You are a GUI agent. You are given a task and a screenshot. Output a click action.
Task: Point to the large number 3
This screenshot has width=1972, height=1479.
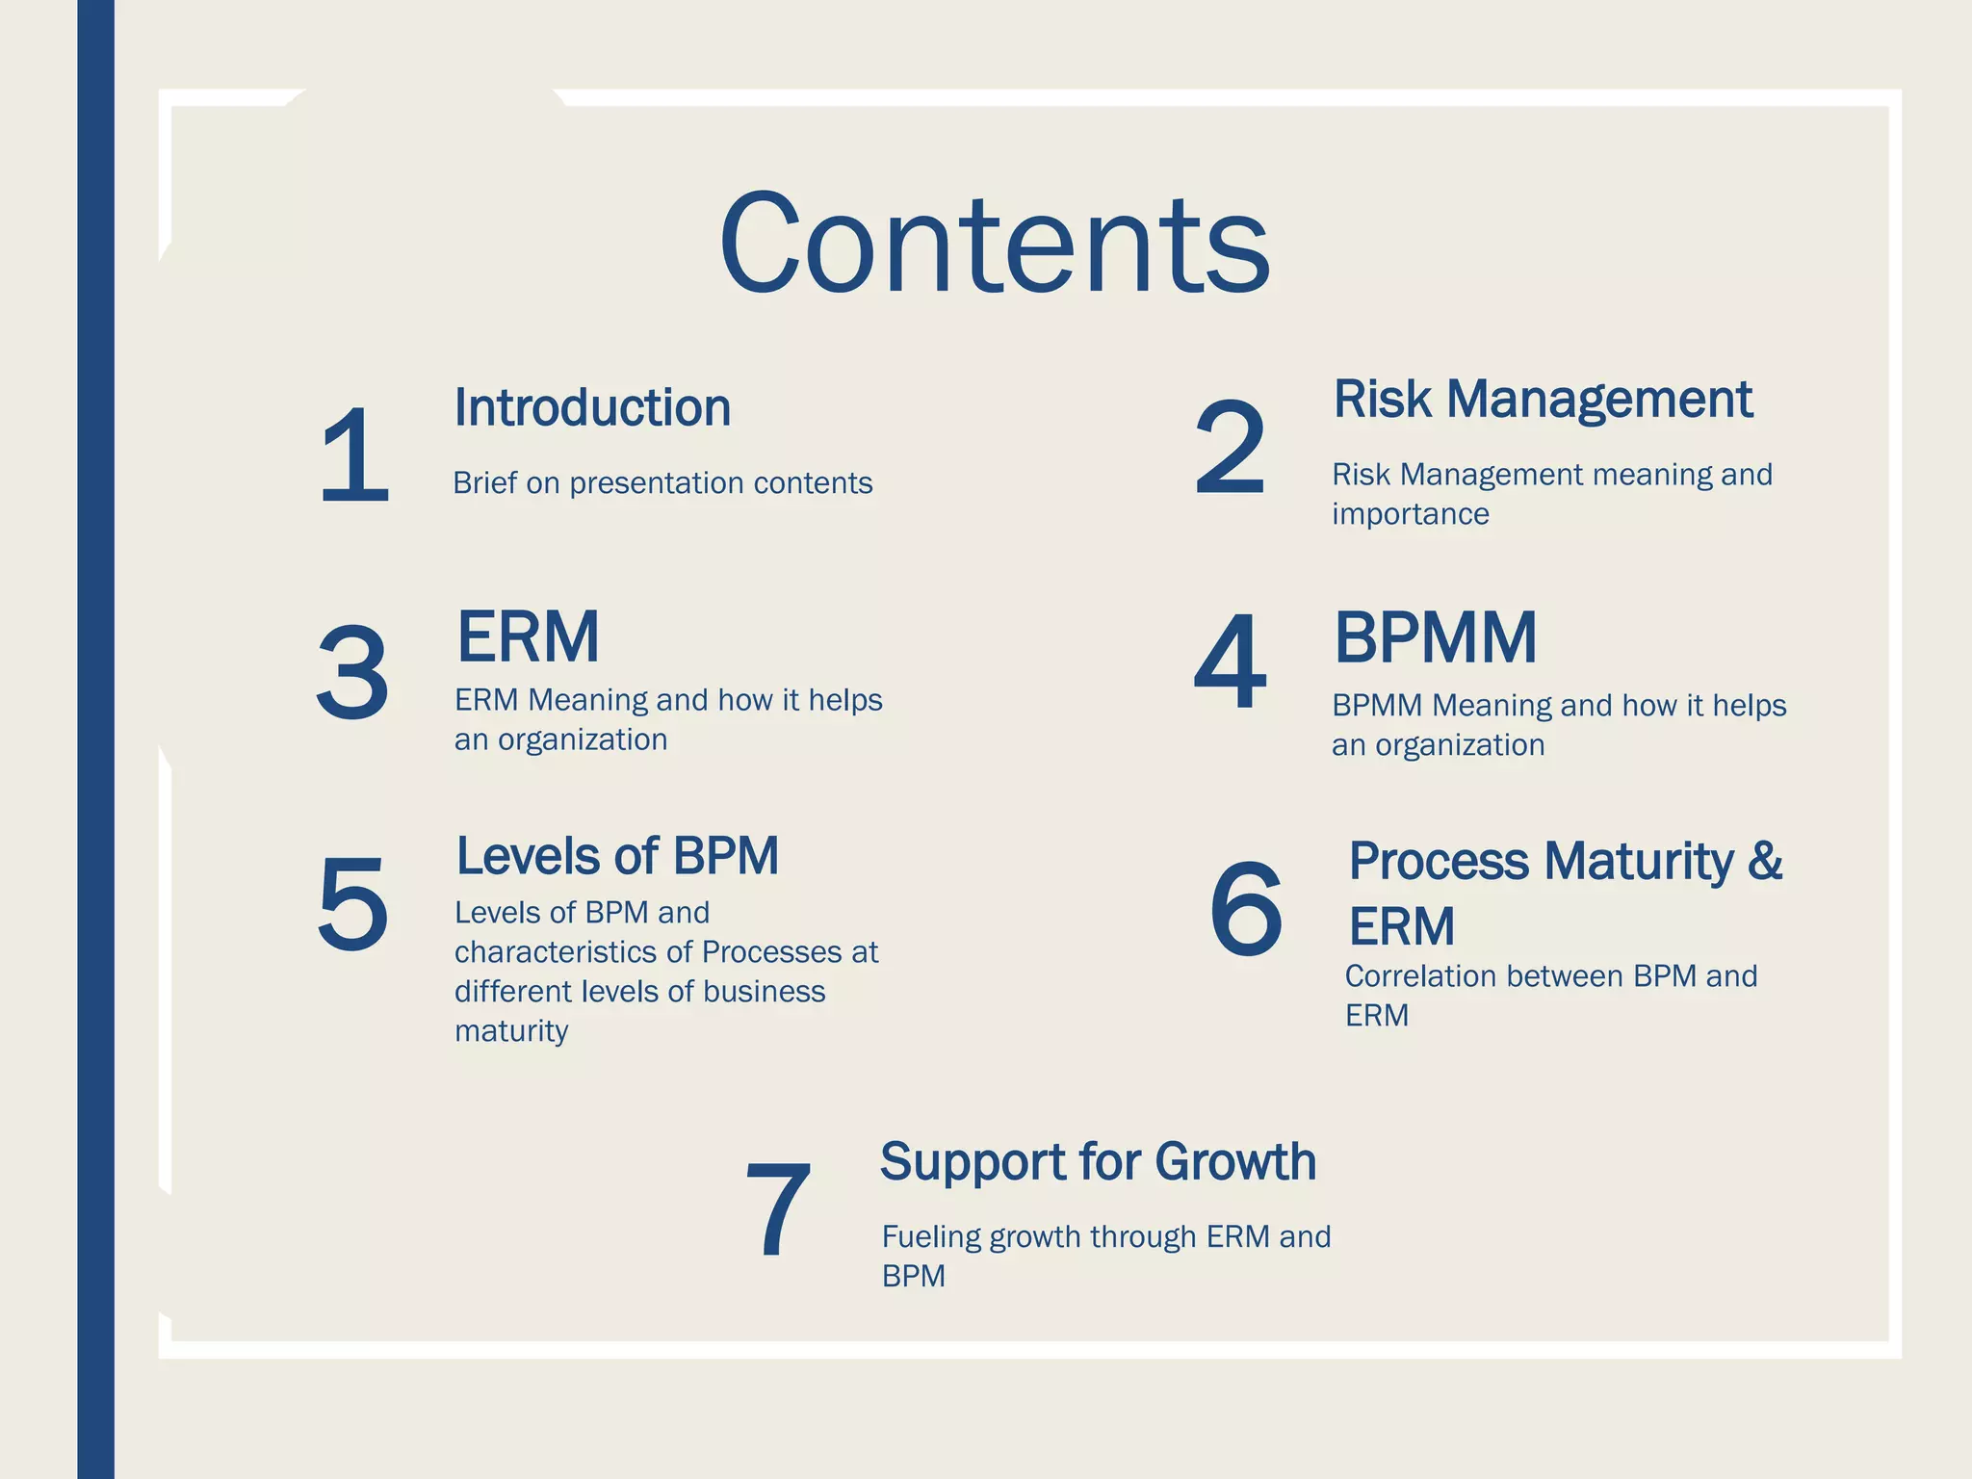coord(352,672)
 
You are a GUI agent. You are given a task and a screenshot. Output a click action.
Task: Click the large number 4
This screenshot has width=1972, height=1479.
coord(1230,662)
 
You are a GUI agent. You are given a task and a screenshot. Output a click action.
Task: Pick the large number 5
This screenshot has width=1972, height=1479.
coord(352,904)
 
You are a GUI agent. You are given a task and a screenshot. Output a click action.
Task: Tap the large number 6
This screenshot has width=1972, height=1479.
coord(1246,909)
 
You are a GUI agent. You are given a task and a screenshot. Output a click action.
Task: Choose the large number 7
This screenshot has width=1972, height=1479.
coord(778,1209)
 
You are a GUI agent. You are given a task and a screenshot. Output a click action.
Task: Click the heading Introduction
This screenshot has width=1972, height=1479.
coord(592,407)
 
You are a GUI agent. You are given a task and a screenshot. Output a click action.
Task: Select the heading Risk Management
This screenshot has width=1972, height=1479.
coord(1543,399)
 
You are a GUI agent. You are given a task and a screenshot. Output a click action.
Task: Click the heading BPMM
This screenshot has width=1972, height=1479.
coord(1435,637)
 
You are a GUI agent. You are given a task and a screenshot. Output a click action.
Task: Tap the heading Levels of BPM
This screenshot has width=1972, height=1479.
coord(617,855)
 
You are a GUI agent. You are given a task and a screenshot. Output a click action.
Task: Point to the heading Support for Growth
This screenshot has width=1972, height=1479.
coord(1098,1161)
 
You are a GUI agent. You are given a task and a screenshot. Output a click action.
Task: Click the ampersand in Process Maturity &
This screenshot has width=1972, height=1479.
coord(1765,860)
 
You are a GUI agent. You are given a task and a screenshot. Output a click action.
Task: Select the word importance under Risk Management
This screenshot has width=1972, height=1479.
coord(1410,514)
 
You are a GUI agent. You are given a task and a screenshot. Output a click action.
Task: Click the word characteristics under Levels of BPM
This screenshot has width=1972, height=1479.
coord(559,952)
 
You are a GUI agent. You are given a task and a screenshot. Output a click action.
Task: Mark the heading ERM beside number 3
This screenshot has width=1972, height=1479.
coord(528,637)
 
